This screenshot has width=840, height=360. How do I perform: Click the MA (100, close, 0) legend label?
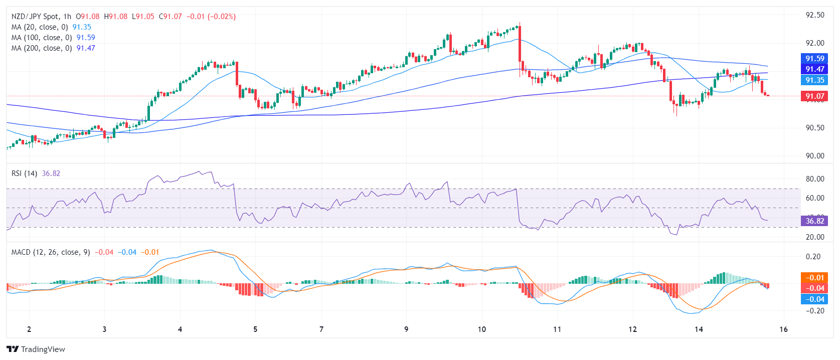(41, 38)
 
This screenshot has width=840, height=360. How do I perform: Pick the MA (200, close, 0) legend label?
(41, 48)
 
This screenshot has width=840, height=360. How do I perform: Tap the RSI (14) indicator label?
(24, 173)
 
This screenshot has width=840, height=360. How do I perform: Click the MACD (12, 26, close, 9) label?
(51, 252)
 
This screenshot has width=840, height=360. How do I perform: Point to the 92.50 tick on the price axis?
(814, 15)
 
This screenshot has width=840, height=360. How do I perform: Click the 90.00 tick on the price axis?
(814, 156)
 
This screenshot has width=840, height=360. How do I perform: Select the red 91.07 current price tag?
(814, 96)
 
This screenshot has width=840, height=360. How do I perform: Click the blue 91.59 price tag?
(814, 59)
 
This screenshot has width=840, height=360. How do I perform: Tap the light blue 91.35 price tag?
(814, 80)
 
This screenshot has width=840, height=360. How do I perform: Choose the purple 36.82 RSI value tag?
(814, 221)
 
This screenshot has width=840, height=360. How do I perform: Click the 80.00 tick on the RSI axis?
(814, 179)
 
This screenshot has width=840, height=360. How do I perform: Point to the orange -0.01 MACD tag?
(814, 278)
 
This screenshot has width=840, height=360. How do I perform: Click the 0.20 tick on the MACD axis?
(814, 257)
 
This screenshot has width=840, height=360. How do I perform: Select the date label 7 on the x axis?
(321, 329)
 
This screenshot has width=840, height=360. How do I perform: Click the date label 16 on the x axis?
(783, 329)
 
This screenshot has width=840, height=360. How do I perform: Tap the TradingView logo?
(36, 349)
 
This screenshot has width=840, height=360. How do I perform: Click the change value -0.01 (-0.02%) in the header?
(211, 17)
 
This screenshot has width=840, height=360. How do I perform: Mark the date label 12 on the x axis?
(632, 329)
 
